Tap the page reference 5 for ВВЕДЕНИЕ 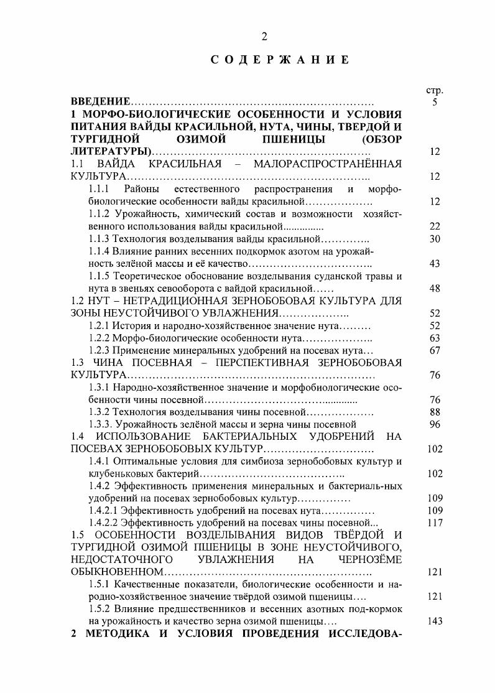tap(435, 102)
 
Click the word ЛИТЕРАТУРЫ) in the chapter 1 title tap(110, 152)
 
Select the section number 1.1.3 tap(99, 239)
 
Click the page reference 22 tap(435, 226)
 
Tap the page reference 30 tap(435, 239)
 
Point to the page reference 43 tap(435, 264)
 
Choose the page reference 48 tap(435, 289)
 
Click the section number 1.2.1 tap(99, 326)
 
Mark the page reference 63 tap(435, 338)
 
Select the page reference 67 tap(435, 350)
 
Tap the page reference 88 tap(435, 412)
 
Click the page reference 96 tap(435, 424)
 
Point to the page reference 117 tap(435, 523)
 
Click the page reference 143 tap(435, 621)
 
